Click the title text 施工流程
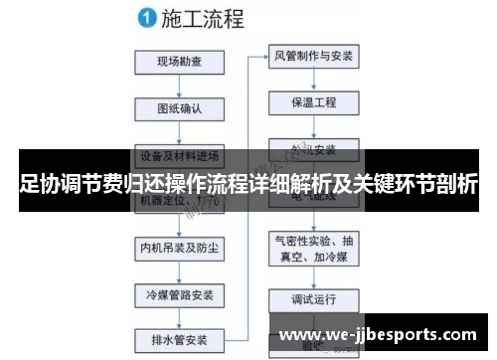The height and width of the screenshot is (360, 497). pyautogui.click(x=205, y=17)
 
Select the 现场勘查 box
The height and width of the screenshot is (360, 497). pyautogui.click(x=179, y=62)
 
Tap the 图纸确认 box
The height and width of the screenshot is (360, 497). pyautogui.click(x=179, y=108)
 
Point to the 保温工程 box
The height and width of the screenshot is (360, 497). pyautogui.click(x=313, y=101)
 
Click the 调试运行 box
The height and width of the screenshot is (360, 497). pyautogui.click(x=313, y=298)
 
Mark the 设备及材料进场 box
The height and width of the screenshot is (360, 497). pyautogui.click(x=179, y=155)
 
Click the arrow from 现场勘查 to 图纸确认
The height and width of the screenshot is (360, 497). pyautogui.click(x=179, y=86)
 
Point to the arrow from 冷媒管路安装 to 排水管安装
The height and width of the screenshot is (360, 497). pyautogui.click(x=179, y=316)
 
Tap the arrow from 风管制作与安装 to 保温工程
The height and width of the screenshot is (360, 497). pyautogui.click(x=313, y=79)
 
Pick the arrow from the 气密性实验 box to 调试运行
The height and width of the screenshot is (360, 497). pyautogui.click(x=313, y=275)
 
